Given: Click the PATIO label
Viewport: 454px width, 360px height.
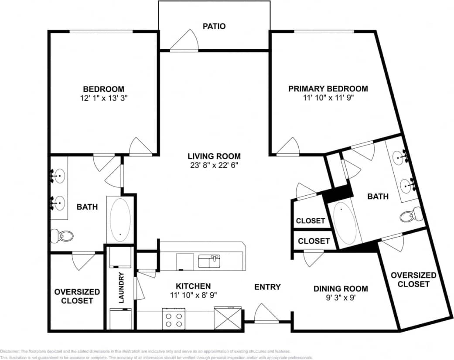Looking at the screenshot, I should (214, 26).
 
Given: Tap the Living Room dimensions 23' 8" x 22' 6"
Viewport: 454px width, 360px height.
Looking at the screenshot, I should (214, 165).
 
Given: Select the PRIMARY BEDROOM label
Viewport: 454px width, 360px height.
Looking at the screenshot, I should (328, 88).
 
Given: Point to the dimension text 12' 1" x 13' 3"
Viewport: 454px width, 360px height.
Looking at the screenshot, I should (104, 98).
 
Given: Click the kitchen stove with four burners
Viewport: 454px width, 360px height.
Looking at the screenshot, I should (174, 319).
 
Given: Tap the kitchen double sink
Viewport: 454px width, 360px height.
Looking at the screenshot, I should (209, 261).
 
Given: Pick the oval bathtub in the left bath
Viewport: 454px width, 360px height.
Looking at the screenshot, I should (120, 219).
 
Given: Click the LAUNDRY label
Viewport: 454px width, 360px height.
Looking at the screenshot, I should (121, 288).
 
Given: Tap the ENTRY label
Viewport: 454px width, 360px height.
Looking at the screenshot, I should (267, 287).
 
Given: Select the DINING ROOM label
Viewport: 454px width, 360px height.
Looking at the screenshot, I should (341, 289).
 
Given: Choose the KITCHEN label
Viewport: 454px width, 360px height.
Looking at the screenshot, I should (193, 286).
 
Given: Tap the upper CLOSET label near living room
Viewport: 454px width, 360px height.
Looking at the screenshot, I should (310, 221).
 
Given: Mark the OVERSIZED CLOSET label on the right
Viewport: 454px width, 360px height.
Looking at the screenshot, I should (413, 279).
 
